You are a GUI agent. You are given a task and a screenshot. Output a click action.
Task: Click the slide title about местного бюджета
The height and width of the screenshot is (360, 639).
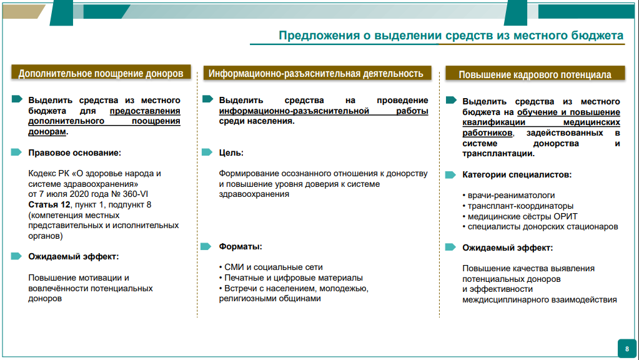tap(450, 36)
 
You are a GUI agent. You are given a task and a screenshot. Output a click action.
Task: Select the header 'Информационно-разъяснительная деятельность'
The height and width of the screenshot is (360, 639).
tap(316, 73)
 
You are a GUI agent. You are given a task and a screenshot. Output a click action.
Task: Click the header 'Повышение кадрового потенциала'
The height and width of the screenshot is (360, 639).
tap(535, 74)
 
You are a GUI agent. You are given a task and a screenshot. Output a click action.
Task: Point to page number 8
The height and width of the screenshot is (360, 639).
tap(627, 348)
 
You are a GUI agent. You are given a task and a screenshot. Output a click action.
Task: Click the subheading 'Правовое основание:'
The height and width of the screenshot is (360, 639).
tap(74, 152)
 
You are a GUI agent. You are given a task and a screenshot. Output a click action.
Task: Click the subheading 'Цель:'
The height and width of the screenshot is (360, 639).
tap(231, 152)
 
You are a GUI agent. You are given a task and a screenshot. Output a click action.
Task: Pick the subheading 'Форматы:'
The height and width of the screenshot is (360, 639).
tap(240, 246)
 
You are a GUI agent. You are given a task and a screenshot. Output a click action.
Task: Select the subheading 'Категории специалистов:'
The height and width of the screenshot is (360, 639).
tap(517, 175)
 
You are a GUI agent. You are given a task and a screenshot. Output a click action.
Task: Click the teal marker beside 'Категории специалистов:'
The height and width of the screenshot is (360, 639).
tap(450, 175)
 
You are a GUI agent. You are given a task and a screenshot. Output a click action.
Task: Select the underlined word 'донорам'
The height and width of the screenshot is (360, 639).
tap(47, 132)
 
